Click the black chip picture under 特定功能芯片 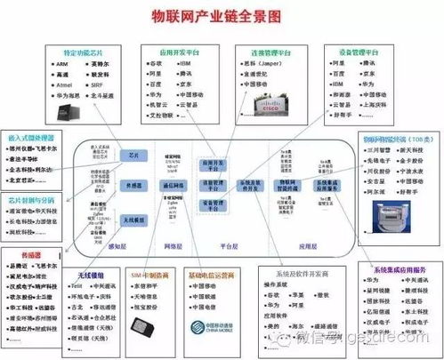pos(69,112)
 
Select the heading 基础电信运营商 pos(215,275)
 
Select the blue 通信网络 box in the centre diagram pos(174,187)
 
